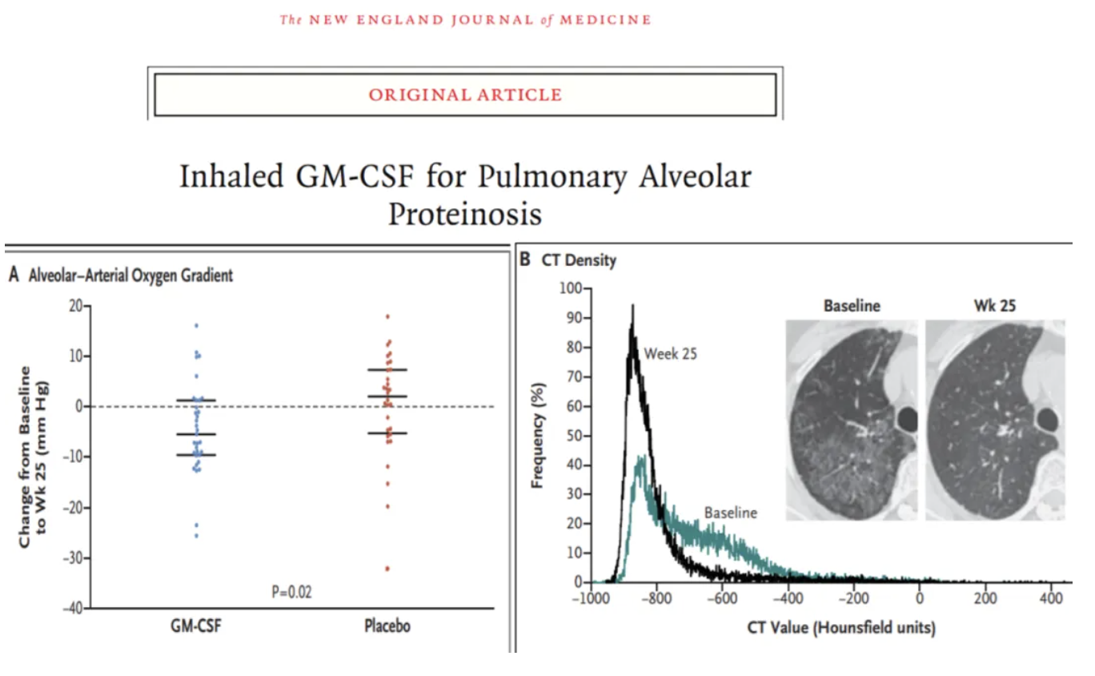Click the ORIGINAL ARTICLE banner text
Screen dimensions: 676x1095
(465, 95)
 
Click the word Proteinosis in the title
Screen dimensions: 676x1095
(465, 214)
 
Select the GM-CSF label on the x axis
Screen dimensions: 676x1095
(195, 626)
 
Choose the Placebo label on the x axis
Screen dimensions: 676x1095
(387, 626)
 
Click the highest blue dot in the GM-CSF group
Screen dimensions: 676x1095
(195, 326)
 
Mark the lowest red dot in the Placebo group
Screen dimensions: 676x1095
(387, 569)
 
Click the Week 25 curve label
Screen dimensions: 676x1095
(671, 352)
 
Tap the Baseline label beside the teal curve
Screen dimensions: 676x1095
(730, 513)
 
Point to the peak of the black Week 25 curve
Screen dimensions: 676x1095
(632, 305)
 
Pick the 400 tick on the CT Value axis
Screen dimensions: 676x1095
(1051, 598)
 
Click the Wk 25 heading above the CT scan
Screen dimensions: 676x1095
(994, 305)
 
